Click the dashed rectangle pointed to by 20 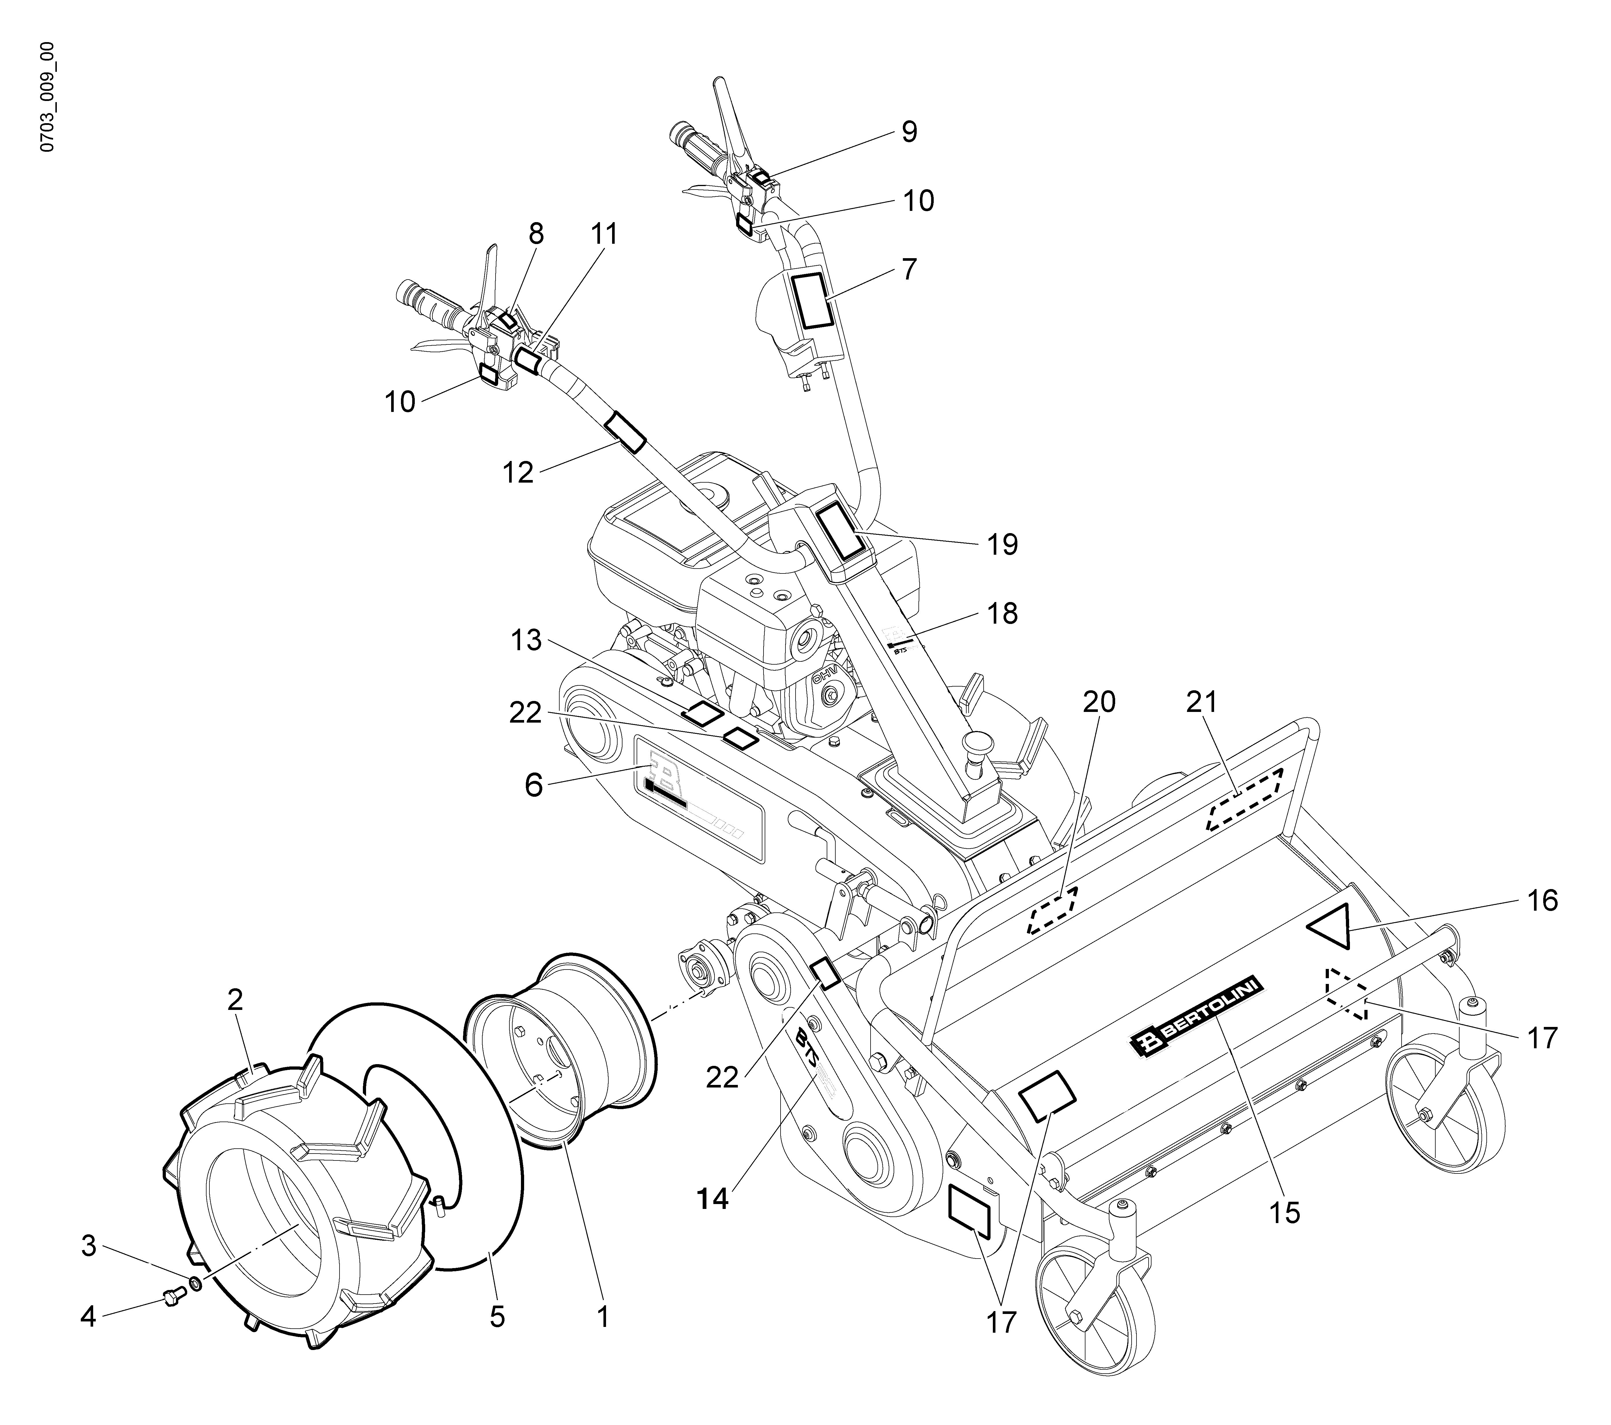pyautogui.click(x=1052, y=910)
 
